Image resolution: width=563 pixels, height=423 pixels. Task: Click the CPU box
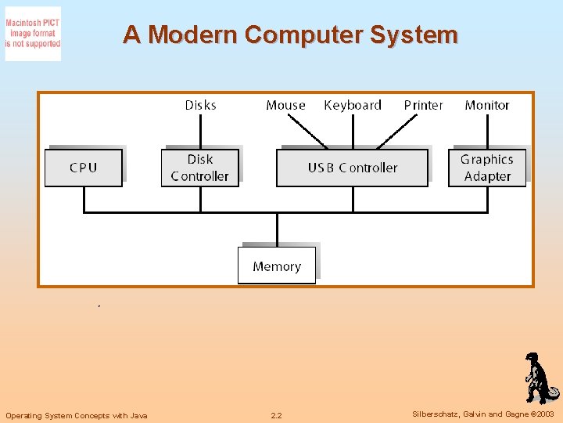(84, 168)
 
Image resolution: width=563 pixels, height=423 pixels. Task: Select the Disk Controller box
(199, 168)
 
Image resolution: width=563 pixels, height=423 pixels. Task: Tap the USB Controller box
(352, 168)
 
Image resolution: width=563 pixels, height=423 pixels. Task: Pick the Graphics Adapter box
(487, 168)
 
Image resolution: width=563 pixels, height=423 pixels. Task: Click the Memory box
(277, 266)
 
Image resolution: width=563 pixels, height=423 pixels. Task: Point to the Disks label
(200, 105)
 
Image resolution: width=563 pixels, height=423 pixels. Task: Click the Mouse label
(285, 105)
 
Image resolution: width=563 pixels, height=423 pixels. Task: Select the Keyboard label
(353, 105)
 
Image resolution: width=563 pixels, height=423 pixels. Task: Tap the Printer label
(423, 105)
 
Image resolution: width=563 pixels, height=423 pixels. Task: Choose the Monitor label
(486, 105)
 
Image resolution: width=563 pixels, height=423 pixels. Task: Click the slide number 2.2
(276, 415)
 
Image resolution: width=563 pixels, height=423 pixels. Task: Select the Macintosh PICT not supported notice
(33, 34)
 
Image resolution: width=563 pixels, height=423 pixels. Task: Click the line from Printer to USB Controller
(399, 131)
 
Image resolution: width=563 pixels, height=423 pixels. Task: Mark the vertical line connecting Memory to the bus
(277, 230)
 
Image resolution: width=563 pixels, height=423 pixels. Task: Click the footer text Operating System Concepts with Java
(77, 415)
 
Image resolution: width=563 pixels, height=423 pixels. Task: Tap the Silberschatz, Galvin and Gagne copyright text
(483, 414)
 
